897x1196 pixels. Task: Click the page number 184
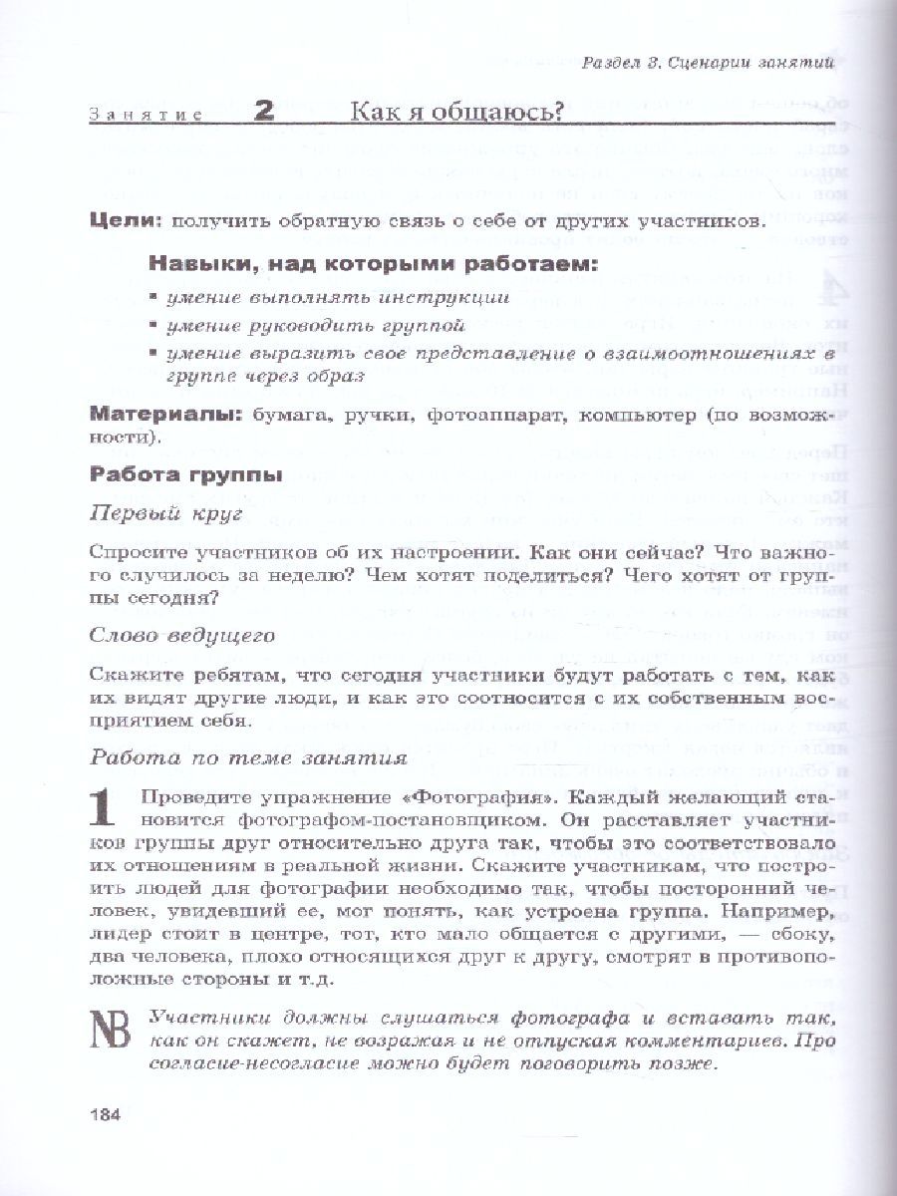click(104, 1114)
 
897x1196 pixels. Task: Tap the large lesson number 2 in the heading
click(265, 113)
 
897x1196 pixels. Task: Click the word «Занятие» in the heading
click(145, 115)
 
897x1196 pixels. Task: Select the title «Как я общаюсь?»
click(456, 112)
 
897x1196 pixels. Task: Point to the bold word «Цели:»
click(126, 220)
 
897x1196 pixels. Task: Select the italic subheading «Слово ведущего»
click(182, 634)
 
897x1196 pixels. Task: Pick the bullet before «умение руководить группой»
click(153, 326)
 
